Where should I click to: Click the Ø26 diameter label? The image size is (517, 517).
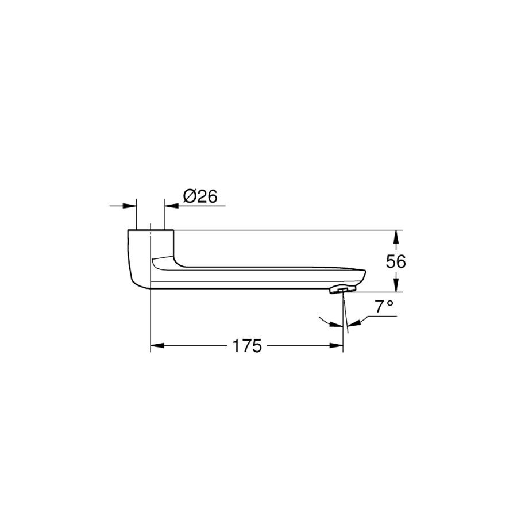tap(200, 196)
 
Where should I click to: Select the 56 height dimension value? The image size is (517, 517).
tap(396, 262)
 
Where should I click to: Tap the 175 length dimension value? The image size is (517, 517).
tap(247, 346)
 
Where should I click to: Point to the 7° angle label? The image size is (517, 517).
tap(384, 307)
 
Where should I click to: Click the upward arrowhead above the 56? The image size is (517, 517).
tap(396, 237)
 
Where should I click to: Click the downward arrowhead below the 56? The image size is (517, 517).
tap(396, 285)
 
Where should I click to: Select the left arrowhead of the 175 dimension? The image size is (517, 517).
tap(157, 346)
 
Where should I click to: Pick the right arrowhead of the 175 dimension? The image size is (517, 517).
tap(336, 346)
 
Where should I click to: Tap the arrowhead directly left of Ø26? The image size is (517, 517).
tap(171, 206)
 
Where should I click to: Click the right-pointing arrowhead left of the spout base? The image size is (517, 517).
tap(129, 206)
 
